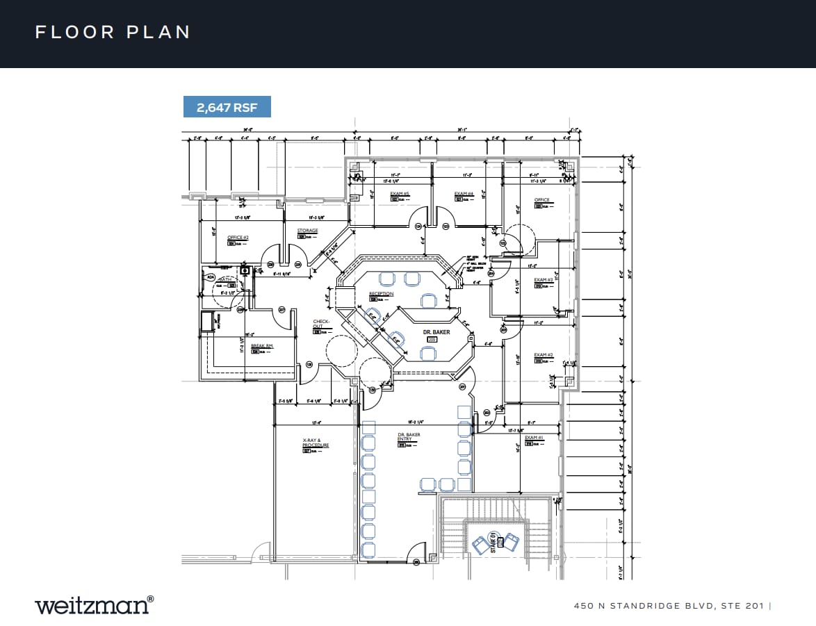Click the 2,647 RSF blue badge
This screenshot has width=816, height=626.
coord(227,108)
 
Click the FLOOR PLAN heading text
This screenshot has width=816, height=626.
coord(113,32)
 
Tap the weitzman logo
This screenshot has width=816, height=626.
coord(94,604)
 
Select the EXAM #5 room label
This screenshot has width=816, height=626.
coord(400,194)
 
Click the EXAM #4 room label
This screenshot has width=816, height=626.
coord(464,194)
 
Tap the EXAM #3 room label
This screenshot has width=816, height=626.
coord(544,280)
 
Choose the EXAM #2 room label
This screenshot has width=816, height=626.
coord(544,355)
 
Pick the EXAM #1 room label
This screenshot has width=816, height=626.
coord(534,438)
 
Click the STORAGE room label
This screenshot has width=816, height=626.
coord(308,231)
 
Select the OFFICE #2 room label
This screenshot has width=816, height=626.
coord(238,238)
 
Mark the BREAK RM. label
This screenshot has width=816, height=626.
coord(261,345)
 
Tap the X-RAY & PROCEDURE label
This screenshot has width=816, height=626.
coord(316,443)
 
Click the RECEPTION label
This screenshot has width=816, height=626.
coord(381,294)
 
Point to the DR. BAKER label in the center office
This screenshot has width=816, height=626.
coord(436,333)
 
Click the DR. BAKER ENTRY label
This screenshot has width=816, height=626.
coord(409,438)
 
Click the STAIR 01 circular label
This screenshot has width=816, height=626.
coord(494,539)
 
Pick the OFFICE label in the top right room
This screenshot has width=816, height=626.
coord(542,200)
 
